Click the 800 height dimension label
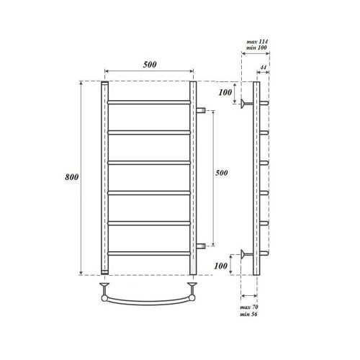coord(72,177)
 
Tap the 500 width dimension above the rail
coord(150,65)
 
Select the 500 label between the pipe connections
coord(221,173)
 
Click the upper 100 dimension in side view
coord(225,92)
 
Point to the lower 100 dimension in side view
coord(220,266)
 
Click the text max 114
coord(257,42)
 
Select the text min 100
coord(256,48)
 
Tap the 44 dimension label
coord(264,68)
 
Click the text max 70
coord(249,307)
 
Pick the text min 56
coord(248,314)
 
